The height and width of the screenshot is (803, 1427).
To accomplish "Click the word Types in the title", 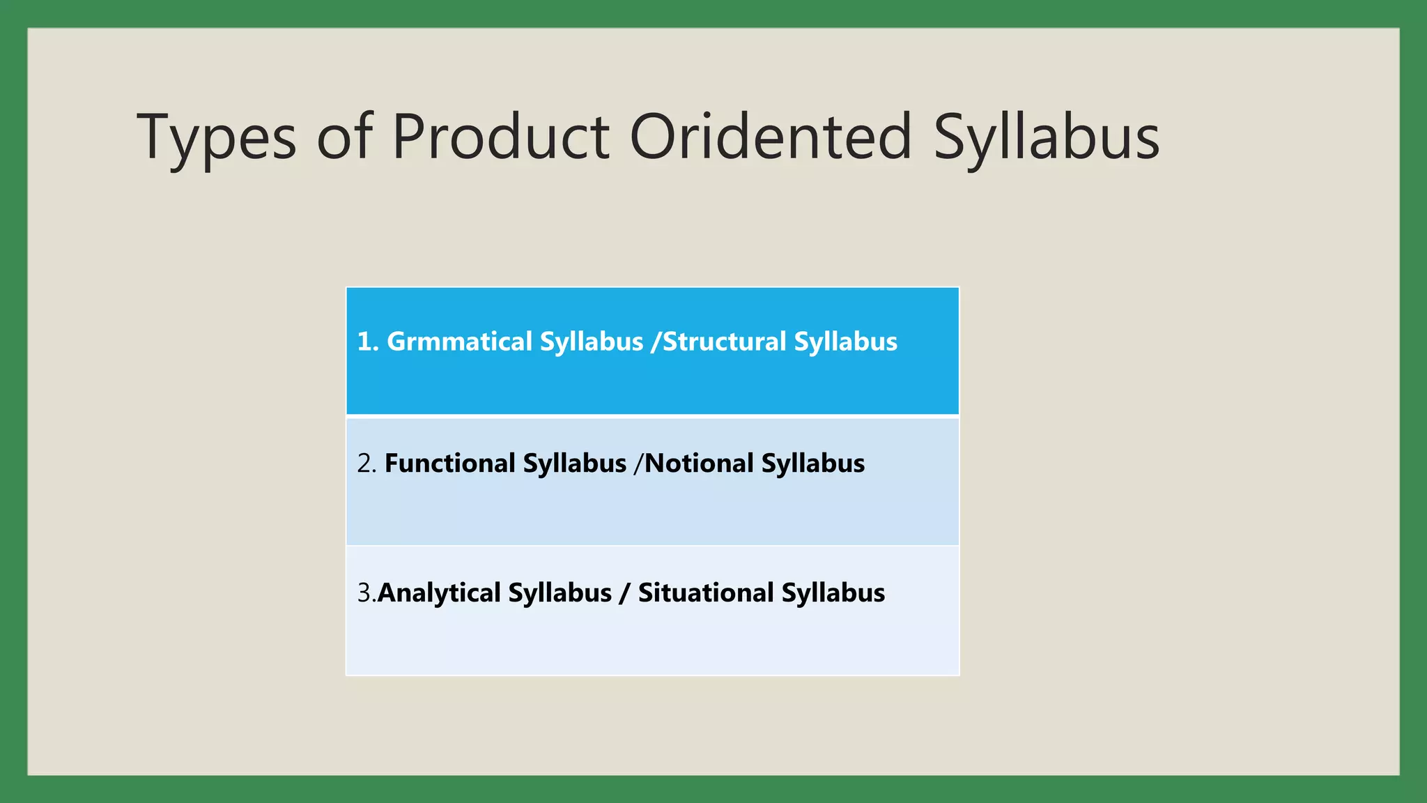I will [x=217, y=137].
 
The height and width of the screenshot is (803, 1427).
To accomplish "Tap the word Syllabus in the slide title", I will [x=1046, y=137].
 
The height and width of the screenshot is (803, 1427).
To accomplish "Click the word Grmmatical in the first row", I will [x=459, y=342].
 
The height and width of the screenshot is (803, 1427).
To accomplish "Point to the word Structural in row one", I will [x=725, y=342].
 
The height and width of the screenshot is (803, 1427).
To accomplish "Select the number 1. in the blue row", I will [x=367, y=342].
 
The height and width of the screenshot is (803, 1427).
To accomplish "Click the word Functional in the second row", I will [x=449, y=464].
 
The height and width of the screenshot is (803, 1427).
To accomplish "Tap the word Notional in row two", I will [x=700, y=464].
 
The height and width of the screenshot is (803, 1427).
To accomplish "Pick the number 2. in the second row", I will [x=366, y=464].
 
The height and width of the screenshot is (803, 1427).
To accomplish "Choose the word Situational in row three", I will [x=706, y=592].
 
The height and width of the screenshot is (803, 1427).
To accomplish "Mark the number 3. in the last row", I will [x=365, y=592].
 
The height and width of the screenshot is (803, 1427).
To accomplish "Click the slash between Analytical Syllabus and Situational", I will [x=624, y=592].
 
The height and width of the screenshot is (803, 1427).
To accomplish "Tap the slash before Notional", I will [x=638, y=464].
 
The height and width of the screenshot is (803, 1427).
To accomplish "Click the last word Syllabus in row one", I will [x=845, y=342].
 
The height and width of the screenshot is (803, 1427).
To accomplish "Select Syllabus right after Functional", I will [x=575, y=464].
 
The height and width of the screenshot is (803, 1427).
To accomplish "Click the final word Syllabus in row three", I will [x=833, y=592].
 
